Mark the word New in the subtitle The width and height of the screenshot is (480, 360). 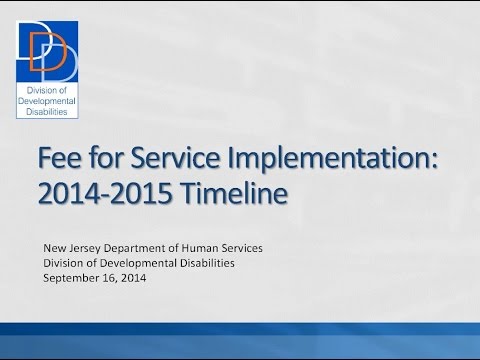click(x=53, y=247)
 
